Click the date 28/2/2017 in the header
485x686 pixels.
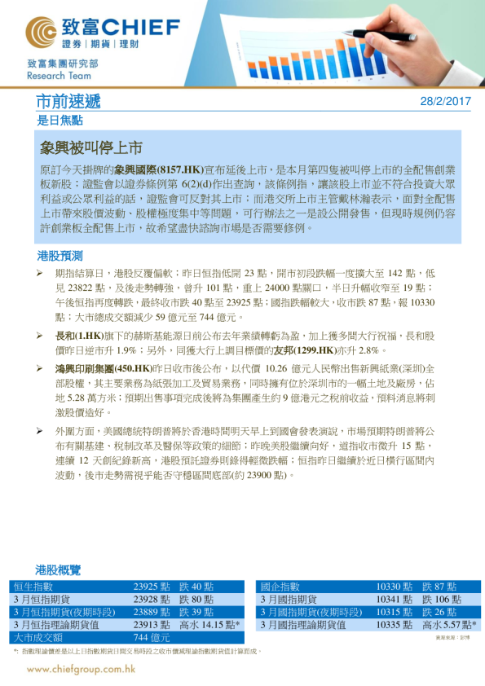tap(446, 102)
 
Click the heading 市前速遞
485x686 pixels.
tap(69, 102)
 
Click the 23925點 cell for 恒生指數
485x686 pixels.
tap(151, 587)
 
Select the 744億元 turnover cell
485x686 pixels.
tap(152, 638)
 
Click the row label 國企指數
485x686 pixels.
tap(280, 587)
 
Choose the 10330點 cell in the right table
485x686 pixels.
tap(394, 587)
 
